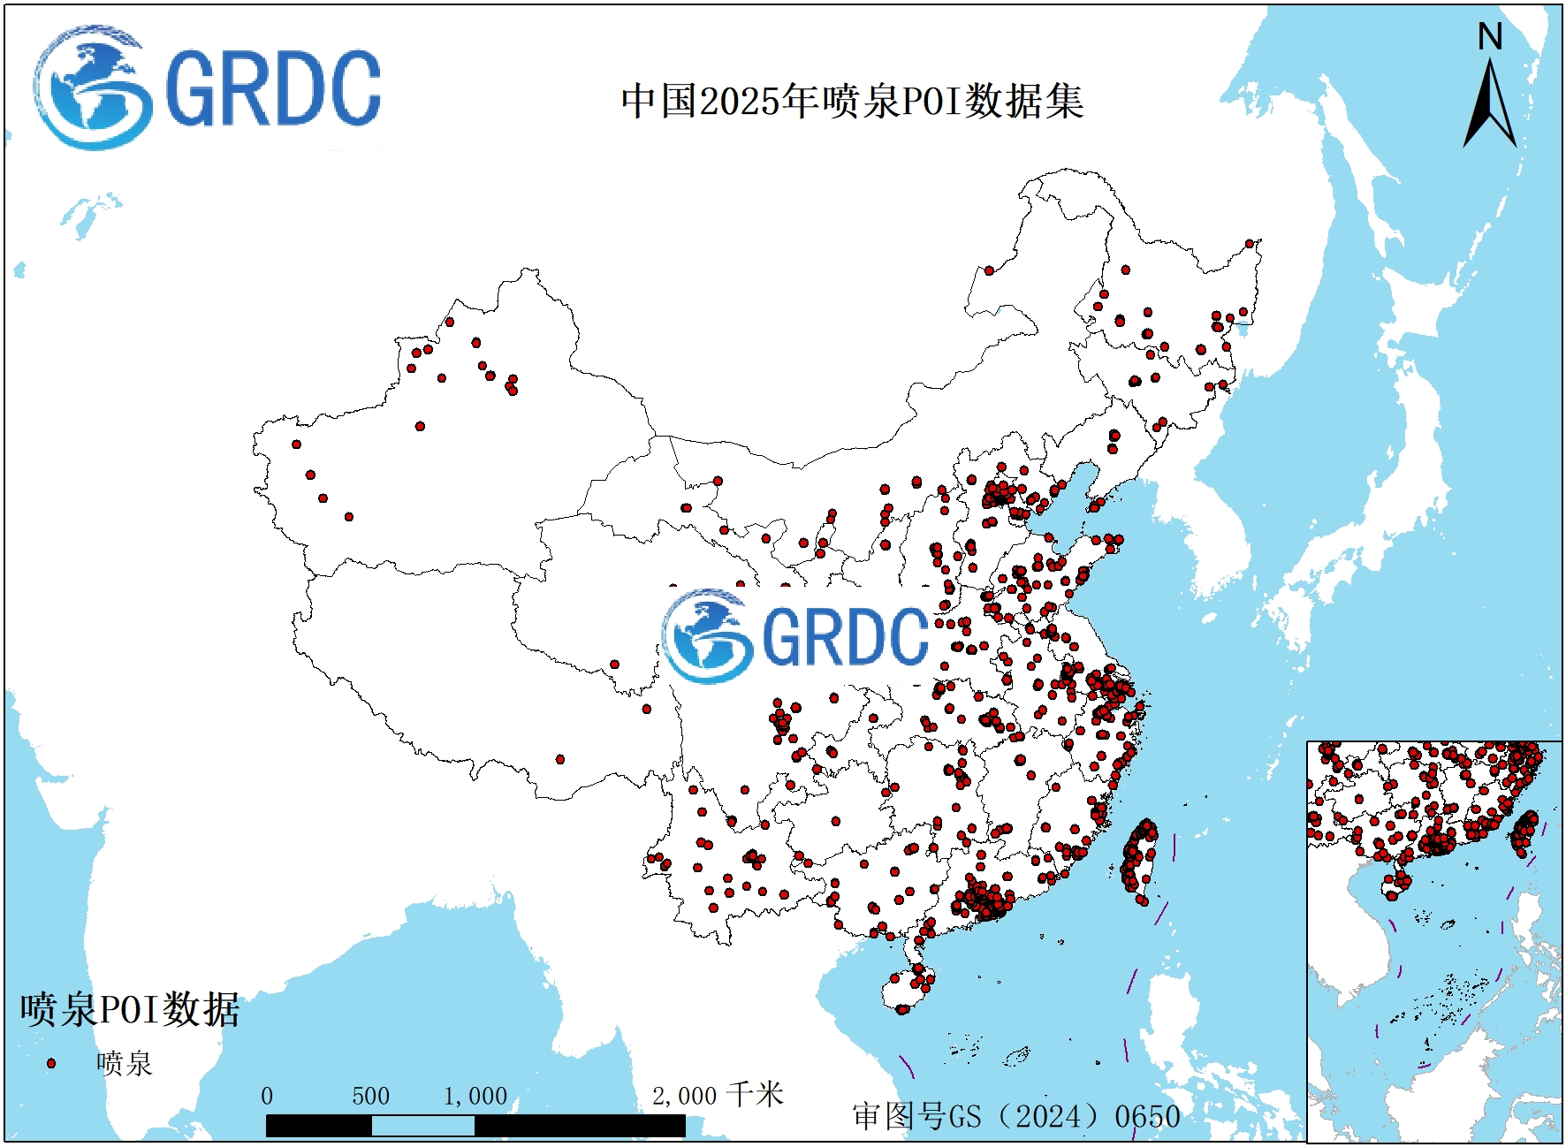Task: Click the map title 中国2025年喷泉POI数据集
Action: (852, 101)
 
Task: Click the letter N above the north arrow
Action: (1490, 37)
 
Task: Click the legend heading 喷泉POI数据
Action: (130, 1009)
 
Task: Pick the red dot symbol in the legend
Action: (51, 1063)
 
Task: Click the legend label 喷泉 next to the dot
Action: (124, 1063)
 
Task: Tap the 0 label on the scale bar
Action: (267, 1097)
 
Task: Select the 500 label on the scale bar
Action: (370, 1097)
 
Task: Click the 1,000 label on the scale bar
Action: (475, 1097)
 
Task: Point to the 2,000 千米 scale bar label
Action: (718, 1096)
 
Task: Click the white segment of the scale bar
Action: (422, 1126)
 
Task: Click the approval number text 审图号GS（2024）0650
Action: (1016, 1116)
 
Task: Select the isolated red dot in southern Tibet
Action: (559, 759)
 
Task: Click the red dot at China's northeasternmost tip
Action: (1250, 244)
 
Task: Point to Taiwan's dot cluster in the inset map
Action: (1524, 832)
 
